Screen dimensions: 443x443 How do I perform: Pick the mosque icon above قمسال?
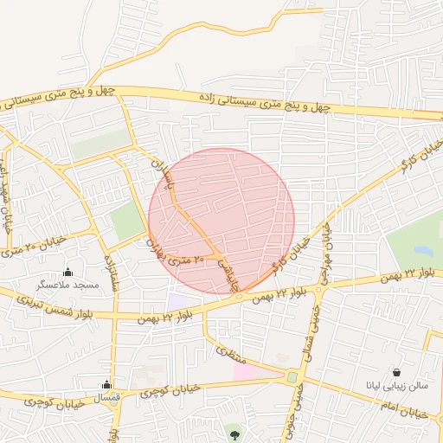107,384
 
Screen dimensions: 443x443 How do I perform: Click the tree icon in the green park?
234,430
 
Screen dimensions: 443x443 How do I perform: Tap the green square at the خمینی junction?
292,377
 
